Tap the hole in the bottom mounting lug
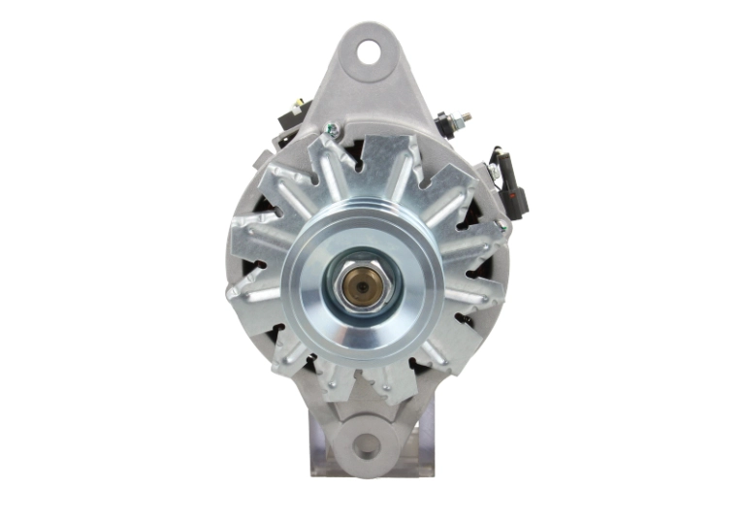point(367,445)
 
